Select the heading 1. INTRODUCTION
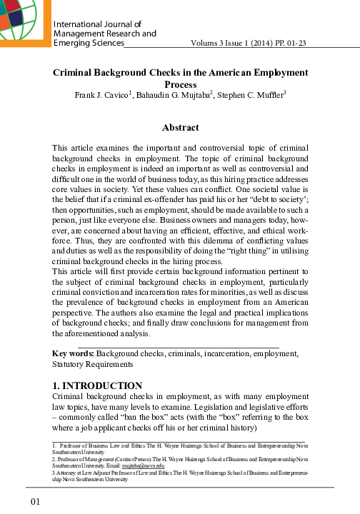click(97, 386)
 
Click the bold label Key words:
click(74, 353)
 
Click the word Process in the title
click(181, 84)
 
